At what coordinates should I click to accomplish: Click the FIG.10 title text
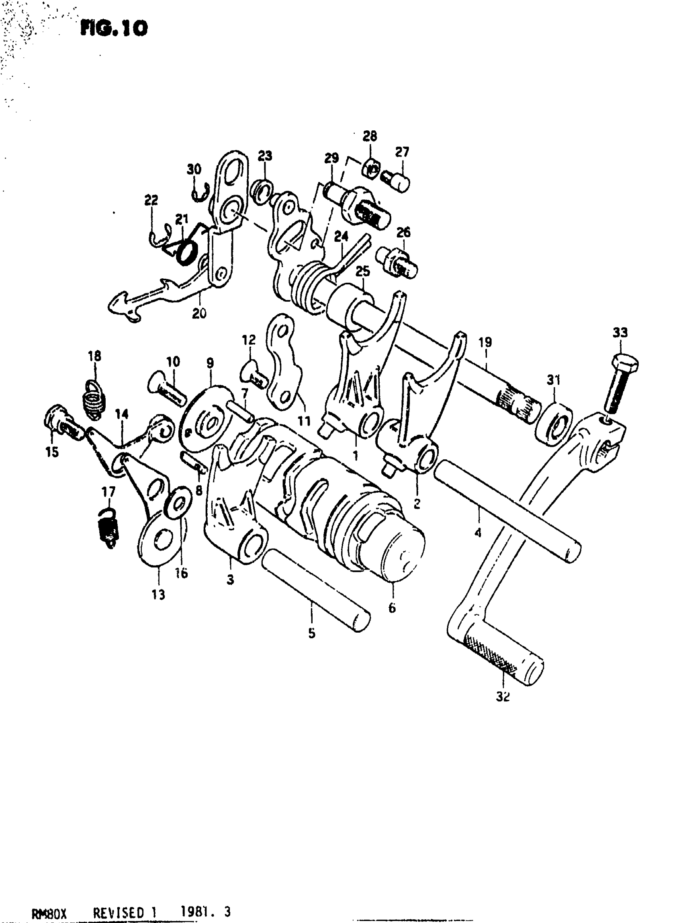114,29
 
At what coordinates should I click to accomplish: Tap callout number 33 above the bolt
620,332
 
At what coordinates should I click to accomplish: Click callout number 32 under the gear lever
503,697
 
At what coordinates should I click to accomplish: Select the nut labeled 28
371,169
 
